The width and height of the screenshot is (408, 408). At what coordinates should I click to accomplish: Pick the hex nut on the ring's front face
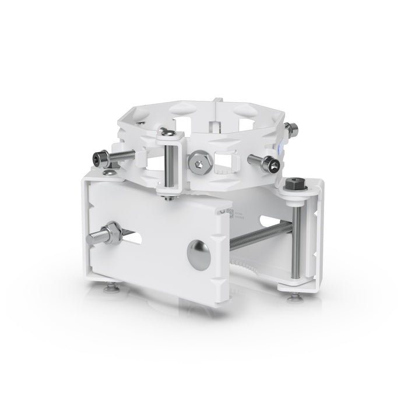pyautogui.click(x=201, y=161)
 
